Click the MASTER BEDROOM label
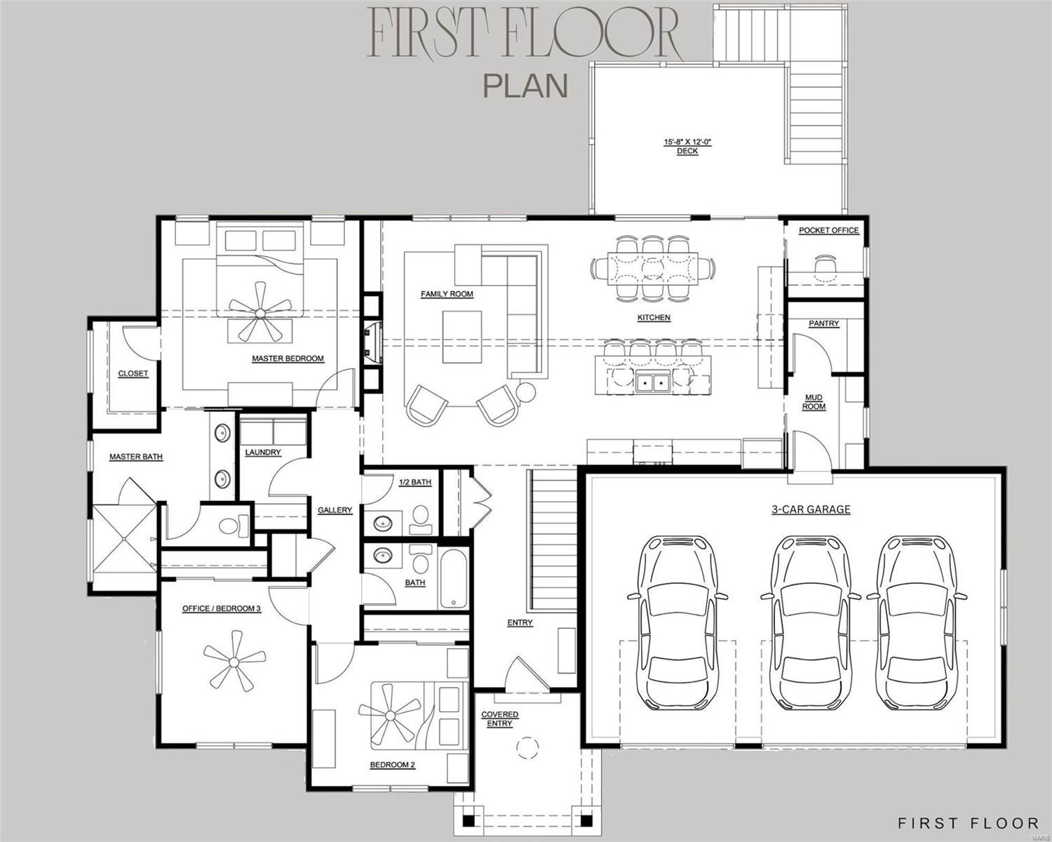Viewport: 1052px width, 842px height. tap(288, 359)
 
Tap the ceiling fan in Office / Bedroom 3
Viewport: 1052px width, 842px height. tap(231, 659)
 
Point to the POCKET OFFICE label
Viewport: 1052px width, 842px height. tap(828, 230)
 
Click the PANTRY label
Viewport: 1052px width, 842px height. tap(823, 323)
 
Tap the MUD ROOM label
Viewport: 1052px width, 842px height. tap(814, 402)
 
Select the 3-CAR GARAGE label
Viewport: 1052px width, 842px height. tap(811, 509)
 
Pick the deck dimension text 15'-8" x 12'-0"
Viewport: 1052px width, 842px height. tap(687, 142)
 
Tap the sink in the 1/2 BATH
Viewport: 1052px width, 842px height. tap(382, 523)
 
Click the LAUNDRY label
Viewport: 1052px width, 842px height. tap(263, 453)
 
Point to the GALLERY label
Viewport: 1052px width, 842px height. tap(335, 510)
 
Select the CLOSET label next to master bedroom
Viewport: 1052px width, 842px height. tap(133, 373)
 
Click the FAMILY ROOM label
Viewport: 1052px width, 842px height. tap(447, 294)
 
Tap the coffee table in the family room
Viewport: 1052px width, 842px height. tap(462, 337)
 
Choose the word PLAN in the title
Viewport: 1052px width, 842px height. tap(525, 85)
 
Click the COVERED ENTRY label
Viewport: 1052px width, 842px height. tap(499, 719)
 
